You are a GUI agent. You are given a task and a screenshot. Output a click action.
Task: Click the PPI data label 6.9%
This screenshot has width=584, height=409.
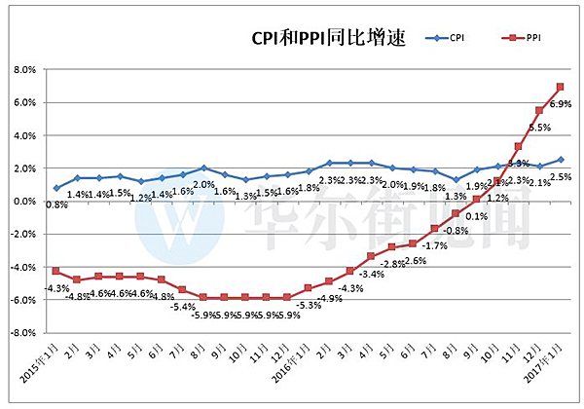(561, 103)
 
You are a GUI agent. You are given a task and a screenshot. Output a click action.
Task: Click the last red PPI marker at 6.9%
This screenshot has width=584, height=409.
(561, 88)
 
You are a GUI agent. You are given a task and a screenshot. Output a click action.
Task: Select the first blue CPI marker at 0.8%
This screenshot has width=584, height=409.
(56, 188)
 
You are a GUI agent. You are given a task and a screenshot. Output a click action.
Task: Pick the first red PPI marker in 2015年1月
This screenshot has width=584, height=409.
(56, 271)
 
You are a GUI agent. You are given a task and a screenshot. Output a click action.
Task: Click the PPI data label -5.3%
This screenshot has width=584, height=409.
(309, 305)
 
